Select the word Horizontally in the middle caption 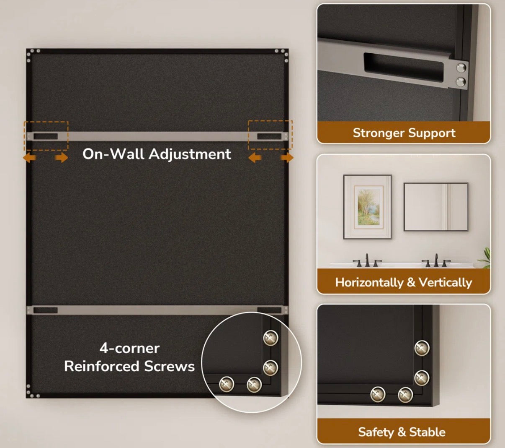369,282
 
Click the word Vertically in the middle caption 445,282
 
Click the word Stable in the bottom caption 427,432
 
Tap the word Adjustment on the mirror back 190,154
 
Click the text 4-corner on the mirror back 130,348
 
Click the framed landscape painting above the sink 367,207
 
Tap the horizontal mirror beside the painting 436,207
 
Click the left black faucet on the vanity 367,260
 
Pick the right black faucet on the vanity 436,260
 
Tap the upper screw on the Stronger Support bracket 461,68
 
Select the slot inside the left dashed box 46,136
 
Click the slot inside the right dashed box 269,136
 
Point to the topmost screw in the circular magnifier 271,338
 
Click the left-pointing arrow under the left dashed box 30,158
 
